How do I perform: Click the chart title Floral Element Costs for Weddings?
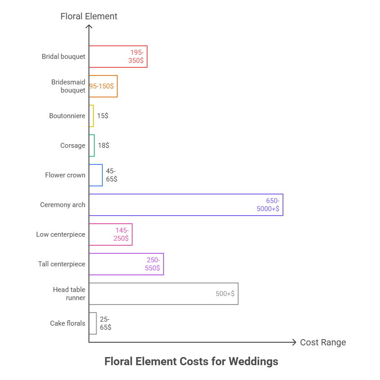pyautogui.click(x=191, y=361)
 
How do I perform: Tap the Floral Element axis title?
pyautogui.click(x=89, y=16)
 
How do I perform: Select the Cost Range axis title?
pyautogui.click(x=323, y=342)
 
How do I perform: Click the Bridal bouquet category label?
pyautogui.click(x=63, y=57)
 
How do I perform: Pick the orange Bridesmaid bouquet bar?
pyautogui.click(x=103, y=86)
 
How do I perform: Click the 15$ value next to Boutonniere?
pyautogui.click(x=102, y=116)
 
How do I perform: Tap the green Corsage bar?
pyautogui.click(x=92, y=146)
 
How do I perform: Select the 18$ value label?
pyautogui.click(x=103, y=146)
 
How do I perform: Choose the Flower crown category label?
pyautogui.click(x=65, y=175)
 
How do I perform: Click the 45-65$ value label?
pyautogui.click(x=111, y=175)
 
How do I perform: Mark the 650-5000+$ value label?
pyautogui.click(x=268, y=205)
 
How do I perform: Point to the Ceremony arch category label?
pyautogui.click(x=62, y=205)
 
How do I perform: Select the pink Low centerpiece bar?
pyautogui.click(x=110, y=234)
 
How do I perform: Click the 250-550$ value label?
pyautogui.click(x=153, y=264)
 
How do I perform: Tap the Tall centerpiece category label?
pyautogui.click(x=62, y=264)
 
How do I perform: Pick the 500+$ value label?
pyautogui.click(x=225, y=294)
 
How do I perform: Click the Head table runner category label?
pyautogui.click(x=69, y=294)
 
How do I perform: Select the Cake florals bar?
pyautogui.click(x=93, y=323)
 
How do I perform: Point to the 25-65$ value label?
pyautogui.click(x=106, y=323)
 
